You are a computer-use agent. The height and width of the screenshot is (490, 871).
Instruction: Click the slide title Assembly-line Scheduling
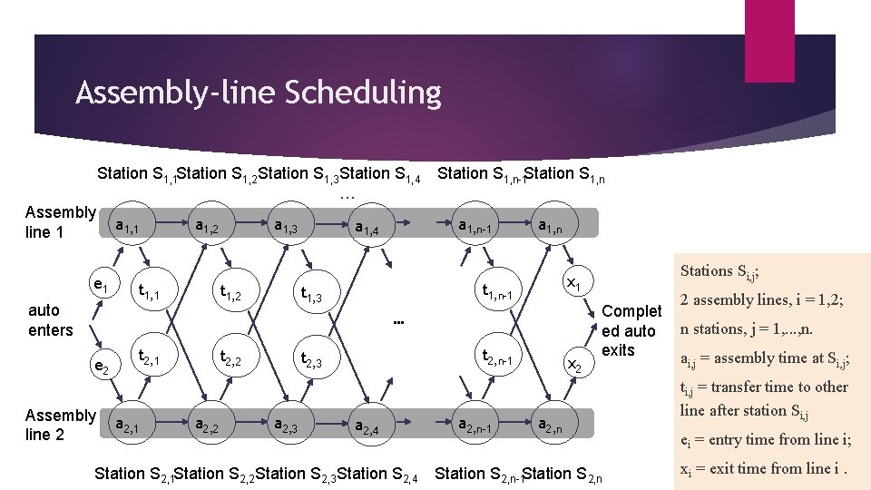[x=259, y=93]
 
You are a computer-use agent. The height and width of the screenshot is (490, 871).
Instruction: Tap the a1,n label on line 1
[x=551, y=225]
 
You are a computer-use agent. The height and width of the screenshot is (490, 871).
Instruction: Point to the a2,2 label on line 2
[x=209, y=423]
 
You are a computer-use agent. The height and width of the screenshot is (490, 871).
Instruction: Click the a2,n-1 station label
[x=475, y=424]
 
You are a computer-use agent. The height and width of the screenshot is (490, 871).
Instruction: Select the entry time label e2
[x=102, y=366]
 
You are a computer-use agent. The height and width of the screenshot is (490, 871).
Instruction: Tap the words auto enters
[x=50, y=319]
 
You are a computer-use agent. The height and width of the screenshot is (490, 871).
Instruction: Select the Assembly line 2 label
[x=60, y=425]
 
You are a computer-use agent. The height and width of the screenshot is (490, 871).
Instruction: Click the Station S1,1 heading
[x=137, y=174]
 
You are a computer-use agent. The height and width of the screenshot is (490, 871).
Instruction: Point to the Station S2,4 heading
[x=377, y=474]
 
